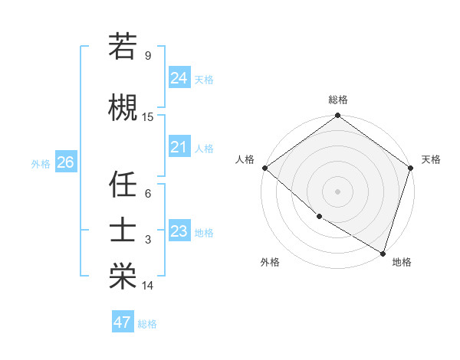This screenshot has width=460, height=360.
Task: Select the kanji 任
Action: click(123, 185)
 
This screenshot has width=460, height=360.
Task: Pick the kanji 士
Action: click(123, 231)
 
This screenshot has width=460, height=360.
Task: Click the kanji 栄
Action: click(123, 277)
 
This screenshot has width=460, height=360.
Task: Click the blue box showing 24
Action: click(179, 77)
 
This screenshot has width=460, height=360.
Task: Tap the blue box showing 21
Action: click(179, 147)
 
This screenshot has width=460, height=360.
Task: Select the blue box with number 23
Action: click(179, 231)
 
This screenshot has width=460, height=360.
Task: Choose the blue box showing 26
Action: click(65, 162)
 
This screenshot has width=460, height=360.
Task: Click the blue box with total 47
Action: click(123, 322)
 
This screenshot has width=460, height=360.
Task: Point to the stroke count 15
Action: click(148, 117)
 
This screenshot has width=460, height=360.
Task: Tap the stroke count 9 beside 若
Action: click(148, 56)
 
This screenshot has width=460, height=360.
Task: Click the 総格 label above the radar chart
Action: click(338, 100)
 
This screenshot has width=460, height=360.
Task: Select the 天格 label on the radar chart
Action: click(431, 159)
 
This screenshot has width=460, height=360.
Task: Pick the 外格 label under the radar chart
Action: click(270, 263)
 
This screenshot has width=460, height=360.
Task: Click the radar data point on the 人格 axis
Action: click(264, 168)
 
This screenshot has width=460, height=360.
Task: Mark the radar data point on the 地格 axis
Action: click(383, 252)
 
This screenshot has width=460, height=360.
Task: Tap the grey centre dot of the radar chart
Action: click(338, 191)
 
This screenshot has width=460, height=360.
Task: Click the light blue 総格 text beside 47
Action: click(147, 324)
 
